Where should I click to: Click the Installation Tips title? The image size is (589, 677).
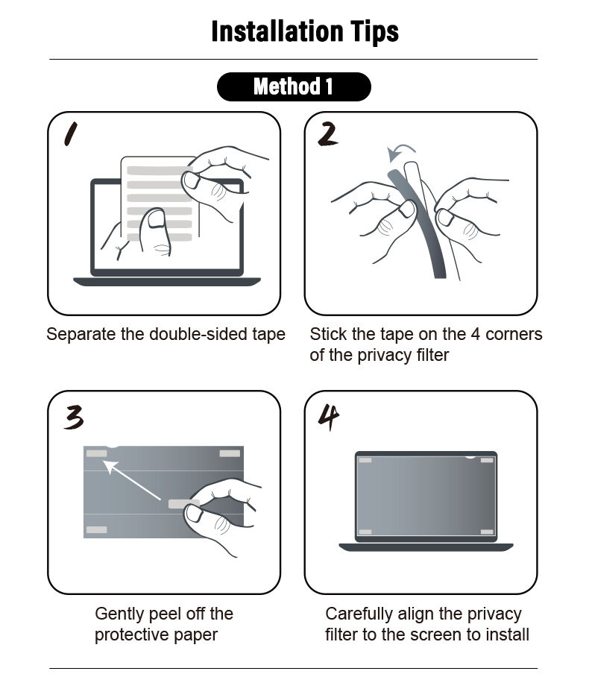click(304, 31)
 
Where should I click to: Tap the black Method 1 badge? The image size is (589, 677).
click(294, 86)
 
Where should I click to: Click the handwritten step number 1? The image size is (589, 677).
click(72, 133)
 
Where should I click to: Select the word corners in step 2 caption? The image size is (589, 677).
click(514, 334)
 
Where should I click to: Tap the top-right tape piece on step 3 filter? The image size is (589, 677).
click(230, 453)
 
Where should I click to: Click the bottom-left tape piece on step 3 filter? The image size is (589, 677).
click(96, 530)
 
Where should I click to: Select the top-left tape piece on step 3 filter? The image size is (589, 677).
click(96, 453)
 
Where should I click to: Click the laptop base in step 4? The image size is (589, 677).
click(426, 547)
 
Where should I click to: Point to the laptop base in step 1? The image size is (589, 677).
click(166, 282)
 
